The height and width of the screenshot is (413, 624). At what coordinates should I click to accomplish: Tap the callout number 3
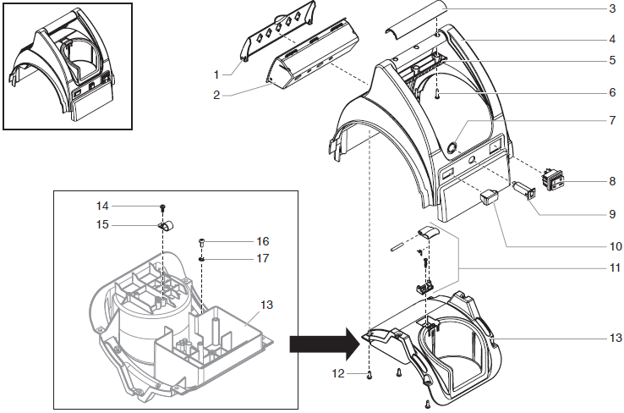[x=612, y=9]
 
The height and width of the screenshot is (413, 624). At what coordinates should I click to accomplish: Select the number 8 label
[x=612, y=181]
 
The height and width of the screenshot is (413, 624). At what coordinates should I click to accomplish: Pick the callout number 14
[x=102, y=206]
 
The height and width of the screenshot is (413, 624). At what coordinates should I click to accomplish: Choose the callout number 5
[x=612, y=61]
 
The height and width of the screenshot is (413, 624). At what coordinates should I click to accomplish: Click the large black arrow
[x=320, y=344]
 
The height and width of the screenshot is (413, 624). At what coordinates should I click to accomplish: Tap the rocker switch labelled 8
[x=553, y=179]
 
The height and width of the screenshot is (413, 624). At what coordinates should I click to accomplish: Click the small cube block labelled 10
[x=490, y=198]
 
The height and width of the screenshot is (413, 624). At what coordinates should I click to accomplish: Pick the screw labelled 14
[x=161, y=207]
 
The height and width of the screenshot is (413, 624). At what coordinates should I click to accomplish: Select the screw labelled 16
[x=202, y=242]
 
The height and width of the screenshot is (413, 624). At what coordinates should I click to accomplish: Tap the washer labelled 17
[x=202, y=257]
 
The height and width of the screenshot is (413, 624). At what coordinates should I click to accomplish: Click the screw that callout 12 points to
[x=370, y=374]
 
